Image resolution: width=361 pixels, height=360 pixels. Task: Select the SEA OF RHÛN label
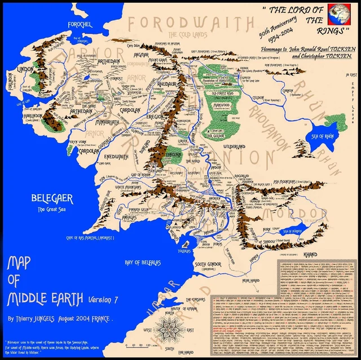(x=324, y=136)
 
